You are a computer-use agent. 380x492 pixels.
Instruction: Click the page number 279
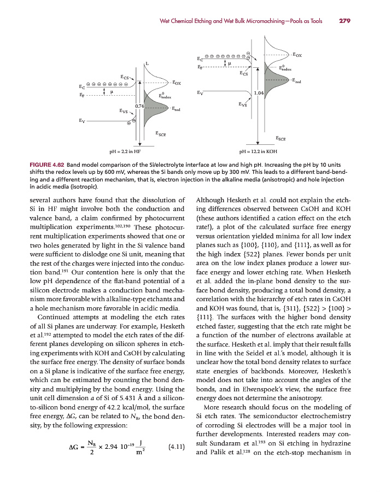click(x=344, y=21)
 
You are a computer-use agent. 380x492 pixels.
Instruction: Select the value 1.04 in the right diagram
click(x=259, y=93)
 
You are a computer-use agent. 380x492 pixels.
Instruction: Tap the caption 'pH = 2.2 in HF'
click(x=125, y=151)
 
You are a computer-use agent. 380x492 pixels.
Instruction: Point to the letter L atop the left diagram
click(x=147, y=63)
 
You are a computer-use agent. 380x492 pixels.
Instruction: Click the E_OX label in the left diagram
click(x=176, y=83)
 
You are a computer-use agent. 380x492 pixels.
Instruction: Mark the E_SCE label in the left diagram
click(x=161, y=133)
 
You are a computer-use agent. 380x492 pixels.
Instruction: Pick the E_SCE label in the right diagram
click(x=282, y=138)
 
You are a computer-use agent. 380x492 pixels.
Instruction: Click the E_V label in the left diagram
click(x=81, y=120)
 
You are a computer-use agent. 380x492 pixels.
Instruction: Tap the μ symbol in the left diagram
click(x=111, y=92)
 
